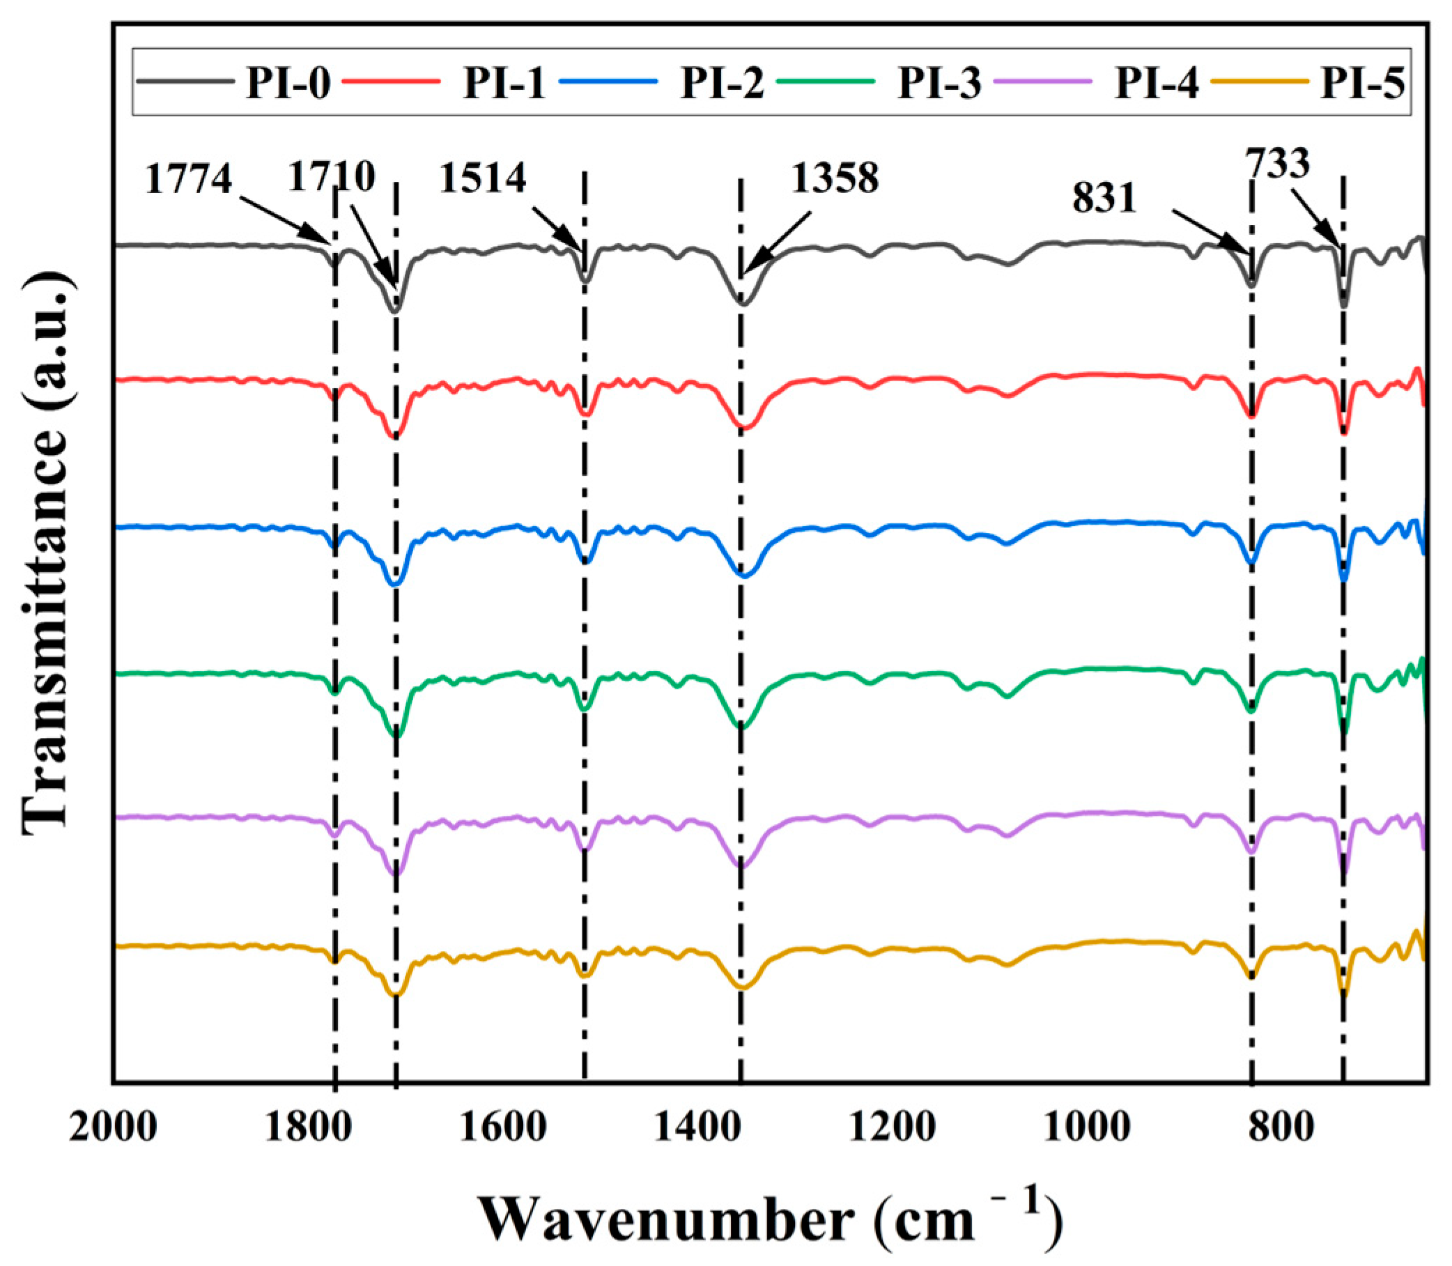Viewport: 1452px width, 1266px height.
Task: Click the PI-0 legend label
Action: (288, 84)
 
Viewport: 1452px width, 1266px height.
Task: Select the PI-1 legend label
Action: (504, 84)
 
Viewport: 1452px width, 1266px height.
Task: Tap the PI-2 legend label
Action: (721, 84)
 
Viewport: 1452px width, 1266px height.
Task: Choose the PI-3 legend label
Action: (939, 84)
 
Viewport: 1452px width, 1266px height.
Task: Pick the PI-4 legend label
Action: (1157, 84)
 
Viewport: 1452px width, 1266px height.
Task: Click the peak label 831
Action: (1104, 199)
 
